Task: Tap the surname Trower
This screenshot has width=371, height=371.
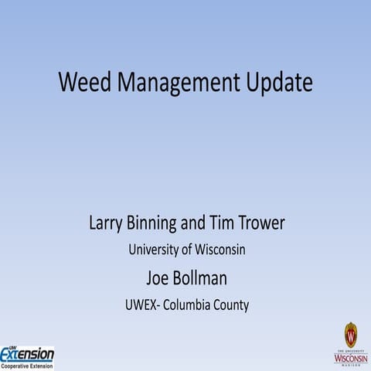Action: coord(263,224)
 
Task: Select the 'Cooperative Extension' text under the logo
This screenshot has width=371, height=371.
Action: coord(27,366)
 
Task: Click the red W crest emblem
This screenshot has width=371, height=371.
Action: coord(351,335)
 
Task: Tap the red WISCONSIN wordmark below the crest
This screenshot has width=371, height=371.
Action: coord(351,358)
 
